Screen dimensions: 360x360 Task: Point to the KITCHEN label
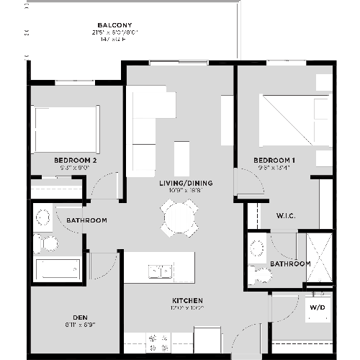point(186,300)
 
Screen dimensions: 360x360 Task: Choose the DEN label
point(80,318)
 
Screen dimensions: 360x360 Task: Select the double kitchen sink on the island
point(160,271)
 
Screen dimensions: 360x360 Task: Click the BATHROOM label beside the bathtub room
point(86,220)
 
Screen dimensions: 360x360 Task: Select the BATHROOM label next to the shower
point(290,264)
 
